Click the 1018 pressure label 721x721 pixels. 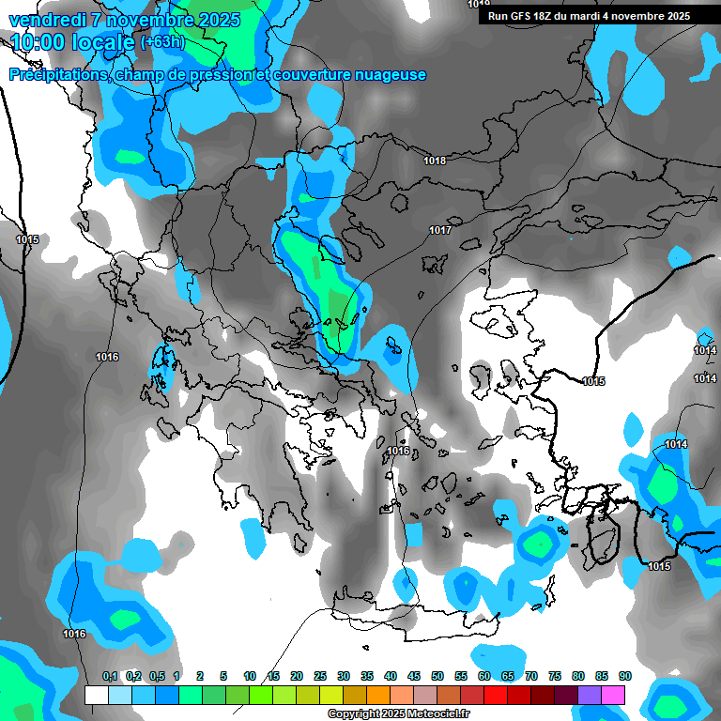[x=435, y=161]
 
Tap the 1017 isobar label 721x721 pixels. [x=440, y=230]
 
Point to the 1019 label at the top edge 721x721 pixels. [x=478, y=5]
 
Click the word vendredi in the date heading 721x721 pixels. [x=48, y=20]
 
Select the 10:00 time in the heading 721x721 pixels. [x=38, y=42]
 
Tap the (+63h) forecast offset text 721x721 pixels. [x=162, y=42]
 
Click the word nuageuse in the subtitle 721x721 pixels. [x=388, y=75]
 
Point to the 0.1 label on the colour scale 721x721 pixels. [x=110, y=677]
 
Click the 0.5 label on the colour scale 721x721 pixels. [x=156, y=677]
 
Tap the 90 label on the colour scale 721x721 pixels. [x=624, y=677]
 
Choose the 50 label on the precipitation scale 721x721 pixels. [x=437, y=677]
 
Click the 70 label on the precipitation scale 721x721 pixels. [x=531, y=677]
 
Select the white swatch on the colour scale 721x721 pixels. [x=96, y=695]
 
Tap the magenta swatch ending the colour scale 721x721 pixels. [x=612, y=695]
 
